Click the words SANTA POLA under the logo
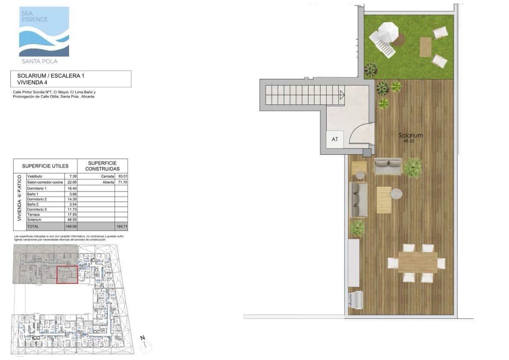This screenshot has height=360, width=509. pos(39,61)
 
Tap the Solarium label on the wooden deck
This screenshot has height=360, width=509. pos(410,135)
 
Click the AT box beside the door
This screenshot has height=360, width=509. pos(335,139)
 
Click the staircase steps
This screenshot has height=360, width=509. pos(304,95)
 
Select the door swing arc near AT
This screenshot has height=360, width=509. pos(360,132)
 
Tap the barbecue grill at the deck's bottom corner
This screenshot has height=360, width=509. pos(356,299)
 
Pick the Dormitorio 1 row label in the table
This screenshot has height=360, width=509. pos(36,188)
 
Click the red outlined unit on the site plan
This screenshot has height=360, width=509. pos(67,274)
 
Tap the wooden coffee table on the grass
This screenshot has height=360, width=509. pos(425,47)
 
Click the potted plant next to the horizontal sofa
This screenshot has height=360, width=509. pos(413,167)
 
